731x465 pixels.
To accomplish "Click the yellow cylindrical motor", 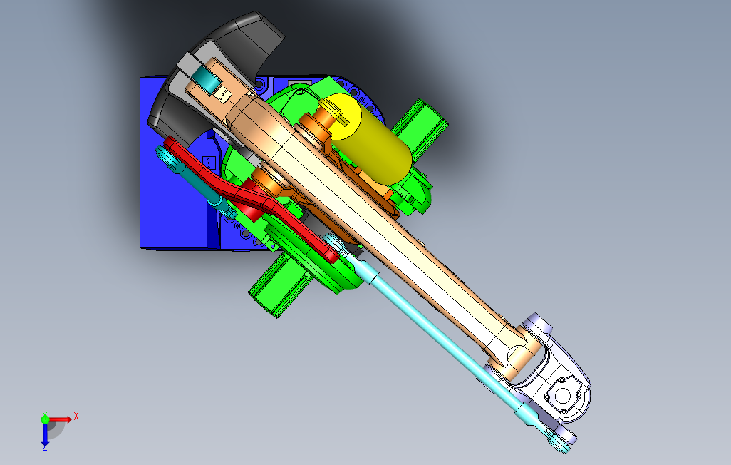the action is click(368, 138).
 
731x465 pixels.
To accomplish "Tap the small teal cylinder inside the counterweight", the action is click(207, 78).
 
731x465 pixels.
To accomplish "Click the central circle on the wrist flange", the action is click(563, 396).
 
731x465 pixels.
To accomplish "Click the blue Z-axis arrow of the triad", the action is click(45, 434).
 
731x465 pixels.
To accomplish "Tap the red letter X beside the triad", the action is click(76, 416).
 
